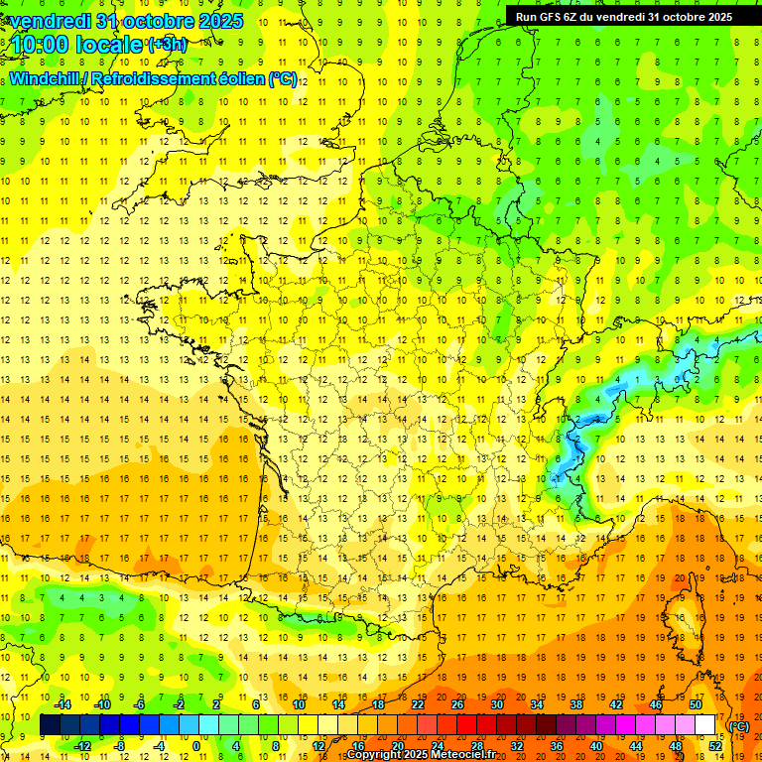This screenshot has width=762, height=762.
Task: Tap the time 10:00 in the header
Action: click(42, 45)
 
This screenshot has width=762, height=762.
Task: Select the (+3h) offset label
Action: click(167, 44)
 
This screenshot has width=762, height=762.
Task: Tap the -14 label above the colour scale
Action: click(63, 704)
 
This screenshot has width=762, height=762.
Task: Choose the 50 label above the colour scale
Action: click(696, 704)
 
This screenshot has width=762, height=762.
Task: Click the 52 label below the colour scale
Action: click(715, 745)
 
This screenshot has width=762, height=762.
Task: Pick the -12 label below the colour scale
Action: click(83, 745)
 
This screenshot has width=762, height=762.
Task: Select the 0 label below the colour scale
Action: click(195, 745)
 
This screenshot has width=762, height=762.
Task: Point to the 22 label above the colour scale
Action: click(418, 704)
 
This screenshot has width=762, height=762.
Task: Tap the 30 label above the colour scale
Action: click(497, 704)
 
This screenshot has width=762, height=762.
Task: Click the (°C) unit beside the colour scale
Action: click(739, 725)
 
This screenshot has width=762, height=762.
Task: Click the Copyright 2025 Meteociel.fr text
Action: click(421, 755)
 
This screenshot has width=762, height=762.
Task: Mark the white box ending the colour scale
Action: click(705, 725)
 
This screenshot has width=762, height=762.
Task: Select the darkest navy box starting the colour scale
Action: click(50, 725)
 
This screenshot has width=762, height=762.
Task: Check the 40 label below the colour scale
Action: click(596, 745)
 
